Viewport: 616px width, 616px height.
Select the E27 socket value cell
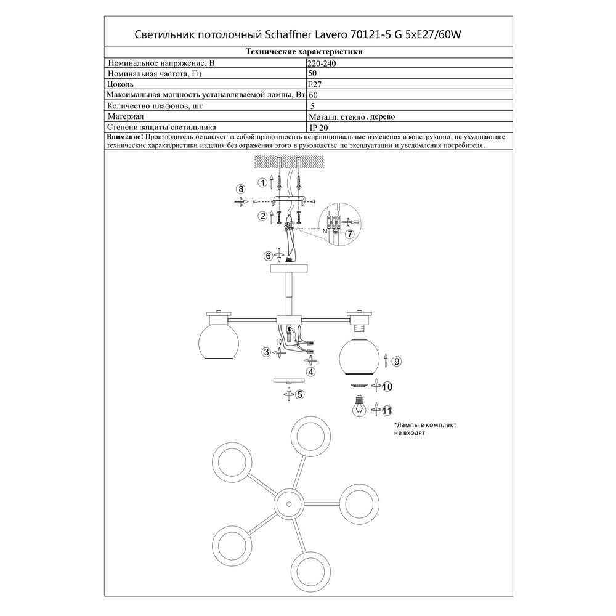pyautogui.click(x=315, y=84)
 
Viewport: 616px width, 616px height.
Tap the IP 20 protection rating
pyautogui.click(x=318, y=128)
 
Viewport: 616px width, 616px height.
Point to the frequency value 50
pyautogui.click(x=313, y=73)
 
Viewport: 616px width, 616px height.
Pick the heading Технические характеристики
pyautogui.click(x=304, y=52)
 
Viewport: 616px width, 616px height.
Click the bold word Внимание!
pyautogui.click(x=125, y=137)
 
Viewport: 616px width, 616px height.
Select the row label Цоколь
pyautogui.click(x=120, y=84)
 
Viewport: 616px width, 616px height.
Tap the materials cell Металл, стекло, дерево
pyautogui.click(x=352, y=116)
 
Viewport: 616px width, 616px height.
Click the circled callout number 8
pyautogui.click(x=241, y=189)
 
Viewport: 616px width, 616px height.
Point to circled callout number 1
pyautogui.click(x=262, y=182)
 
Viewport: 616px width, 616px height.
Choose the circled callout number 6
pyautogui.click(x=269, y=256)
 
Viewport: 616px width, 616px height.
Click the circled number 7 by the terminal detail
pyautogui.click(x=350, y=233)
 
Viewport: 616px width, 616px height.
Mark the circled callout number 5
pyautogui.click(x=300, y=394)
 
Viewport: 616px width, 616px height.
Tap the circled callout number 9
pyautogui.click(x=397, y=362)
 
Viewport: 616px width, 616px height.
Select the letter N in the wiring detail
pyautogui.click(x=325, y=232)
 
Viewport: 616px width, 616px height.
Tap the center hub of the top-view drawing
pyautogui.click(x=288, y=504)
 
